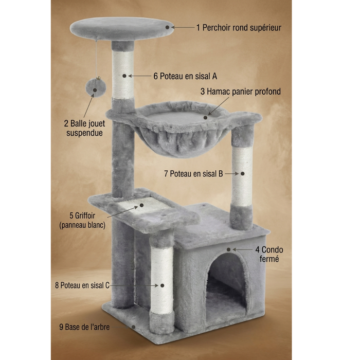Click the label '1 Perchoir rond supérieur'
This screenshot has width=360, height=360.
(239, 28)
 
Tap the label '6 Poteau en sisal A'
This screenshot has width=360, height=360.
(185, 76)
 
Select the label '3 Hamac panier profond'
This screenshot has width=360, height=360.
(240, 92)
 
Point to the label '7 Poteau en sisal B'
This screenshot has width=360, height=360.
(193, 174)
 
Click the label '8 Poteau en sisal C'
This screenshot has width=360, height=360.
(82, 285)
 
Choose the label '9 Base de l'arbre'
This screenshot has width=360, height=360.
(84, 327)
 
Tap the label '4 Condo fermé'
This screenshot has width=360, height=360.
(269, 254)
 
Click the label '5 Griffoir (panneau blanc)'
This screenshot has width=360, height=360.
(82, 220)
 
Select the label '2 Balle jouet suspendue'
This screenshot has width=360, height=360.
(84, 128)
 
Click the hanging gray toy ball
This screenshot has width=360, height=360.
(96, 87)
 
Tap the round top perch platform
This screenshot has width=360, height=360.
(121, 29)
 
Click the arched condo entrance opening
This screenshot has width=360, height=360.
(226, 287)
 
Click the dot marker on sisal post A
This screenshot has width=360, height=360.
(124, 76)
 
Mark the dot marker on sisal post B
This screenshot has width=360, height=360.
(242, 174)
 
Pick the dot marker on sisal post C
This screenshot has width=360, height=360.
(163, 285)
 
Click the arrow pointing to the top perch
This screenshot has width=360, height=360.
(183, 27)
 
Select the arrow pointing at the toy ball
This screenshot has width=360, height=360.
(88, 106)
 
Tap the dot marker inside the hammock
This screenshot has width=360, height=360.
(206, 118)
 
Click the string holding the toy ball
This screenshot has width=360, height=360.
(96, 59)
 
